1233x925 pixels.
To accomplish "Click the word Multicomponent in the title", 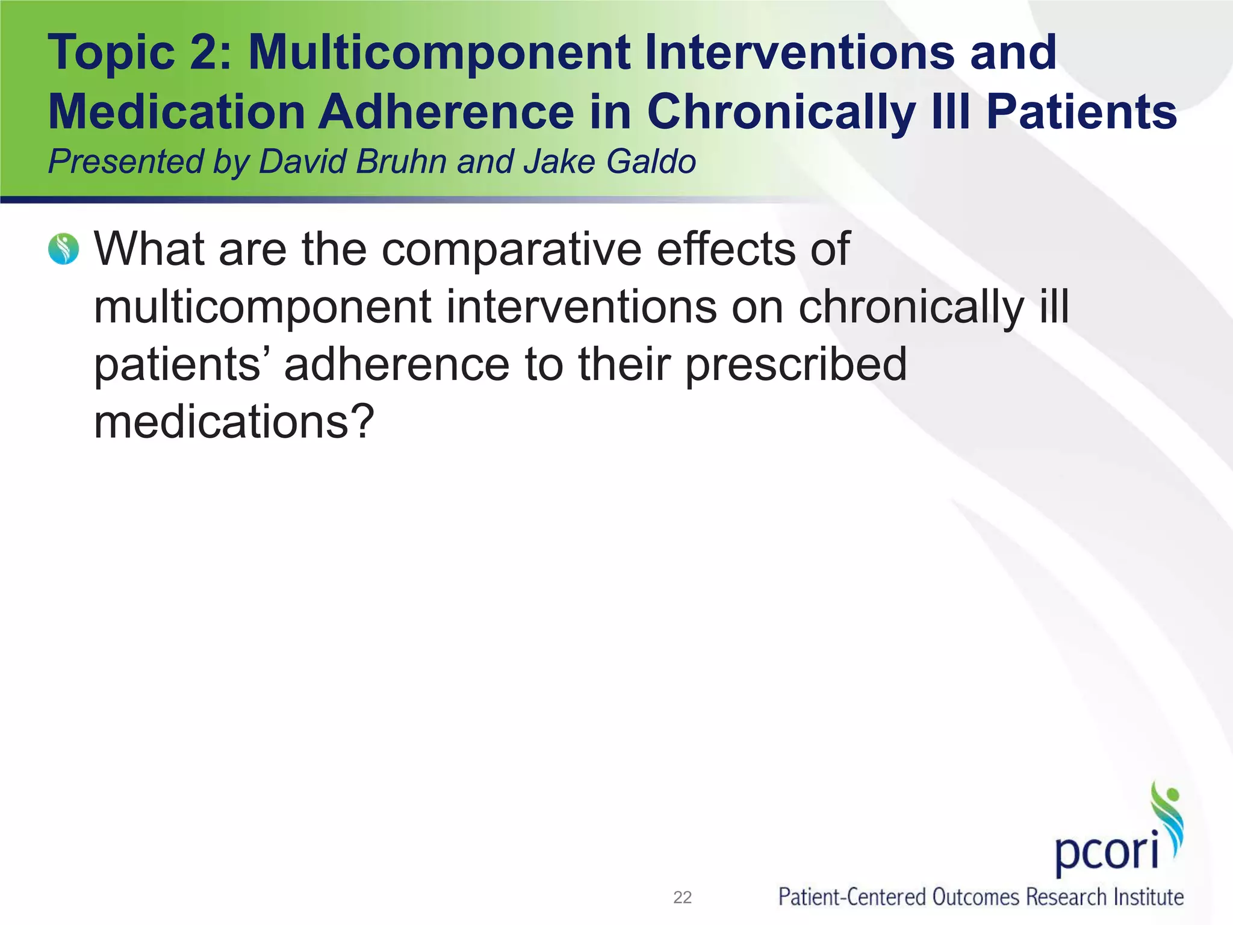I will (x=439, y=53).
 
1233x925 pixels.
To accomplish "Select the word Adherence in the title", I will (x=446, y=112).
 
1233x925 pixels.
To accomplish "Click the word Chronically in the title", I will (x=781, y=112).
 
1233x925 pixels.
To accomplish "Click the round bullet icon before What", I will (x=63, y=249).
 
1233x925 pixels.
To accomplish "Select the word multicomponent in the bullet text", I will (x=262, y=307).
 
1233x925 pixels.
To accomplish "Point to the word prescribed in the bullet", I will (x=796, y=364).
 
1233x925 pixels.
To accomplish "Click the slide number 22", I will (x=682, y=897).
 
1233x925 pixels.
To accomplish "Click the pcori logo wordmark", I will (x=1107, y=850).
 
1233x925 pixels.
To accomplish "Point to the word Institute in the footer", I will (x=1148, y=897).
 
